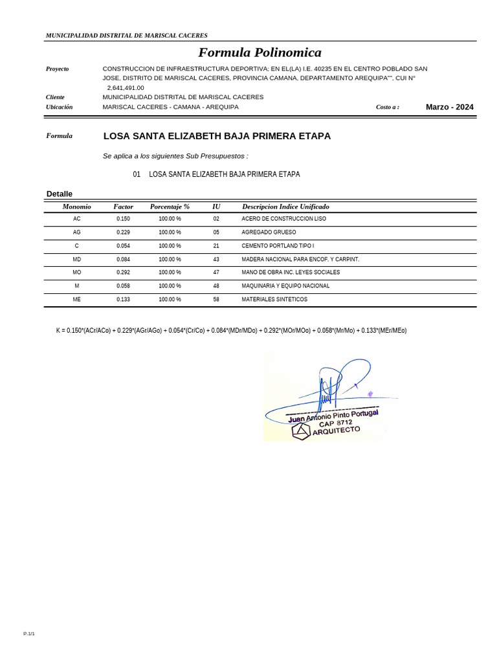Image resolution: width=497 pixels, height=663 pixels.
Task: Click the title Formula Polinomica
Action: click(260, 52)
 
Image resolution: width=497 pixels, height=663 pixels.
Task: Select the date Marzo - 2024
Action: click(449, 107)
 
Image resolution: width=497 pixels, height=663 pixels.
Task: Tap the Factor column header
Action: click(123, 207)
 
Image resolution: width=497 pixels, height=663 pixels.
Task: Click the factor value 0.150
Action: click(123, 219)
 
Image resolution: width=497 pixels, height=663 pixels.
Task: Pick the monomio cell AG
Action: click(77, 232)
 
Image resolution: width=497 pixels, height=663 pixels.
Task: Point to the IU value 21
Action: click(216, 246)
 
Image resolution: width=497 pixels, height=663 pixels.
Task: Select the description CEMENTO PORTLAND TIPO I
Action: click(278, 246)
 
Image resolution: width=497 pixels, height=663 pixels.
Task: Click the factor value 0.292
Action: click(123, 273)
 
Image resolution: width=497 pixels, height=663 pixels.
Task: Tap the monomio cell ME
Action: click(77, 300)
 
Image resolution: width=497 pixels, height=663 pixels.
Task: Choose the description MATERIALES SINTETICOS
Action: click(274, 300)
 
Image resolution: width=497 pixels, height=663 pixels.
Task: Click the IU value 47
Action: click(216, 273)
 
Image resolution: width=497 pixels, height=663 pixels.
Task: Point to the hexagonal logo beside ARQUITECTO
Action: click(301, 431)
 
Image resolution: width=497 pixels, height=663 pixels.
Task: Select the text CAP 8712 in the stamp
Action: click(335, 423)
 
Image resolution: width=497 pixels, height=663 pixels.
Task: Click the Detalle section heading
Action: click(60, 194)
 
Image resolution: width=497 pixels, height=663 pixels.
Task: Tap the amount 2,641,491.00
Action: click(126, 88)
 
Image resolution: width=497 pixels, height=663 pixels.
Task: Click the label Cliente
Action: click(55, 97)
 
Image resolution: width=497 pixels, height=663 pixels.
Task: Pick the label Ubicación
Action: click(59, 107)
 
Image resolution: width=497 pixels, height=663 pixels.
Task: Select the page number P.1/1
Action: click(29, 634)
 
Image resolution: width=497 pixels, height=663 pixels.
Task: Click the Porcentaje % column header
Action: click(170, 207)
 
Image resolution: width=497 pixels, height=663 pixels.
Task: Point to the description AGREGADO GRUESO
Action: click(269, 232)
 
